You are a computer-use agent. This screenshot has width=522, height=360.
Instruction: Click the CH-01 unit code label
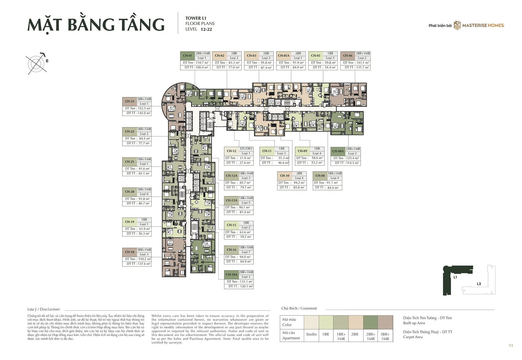coord(187,56)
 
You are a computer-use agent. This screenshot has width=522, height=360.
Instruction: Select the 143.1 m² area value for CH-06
coord(362,63)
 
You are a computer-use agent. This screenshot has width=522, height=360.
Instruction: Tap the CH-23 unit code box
coord(130,101)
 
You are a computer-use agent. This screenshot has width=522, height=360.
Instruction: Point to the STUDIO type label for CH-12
coord(246,149)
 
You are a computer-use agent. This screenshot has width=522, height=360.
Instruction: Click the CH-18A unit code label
coord(232,275)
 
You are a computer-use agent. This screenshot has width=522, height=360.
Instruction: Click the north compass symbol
coord(37,63)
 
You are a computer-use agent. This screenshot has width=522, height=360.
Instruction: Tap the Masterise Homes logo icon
coord(457,25)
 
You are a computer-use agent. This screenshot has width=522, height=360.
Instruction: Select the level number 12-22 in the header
coord(206,29)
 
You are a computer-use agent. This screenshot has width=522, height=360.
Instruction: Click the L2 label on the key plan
coord(479,284)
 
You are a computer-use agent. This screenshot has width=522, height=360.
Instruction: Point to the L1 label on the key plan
coord(455,277)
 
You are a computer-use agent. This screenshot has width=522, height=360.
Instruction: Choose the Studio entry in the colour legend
coord(311,334)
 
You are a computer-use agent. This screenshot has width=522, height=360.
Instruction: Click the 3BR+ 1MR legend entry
coord(385,337)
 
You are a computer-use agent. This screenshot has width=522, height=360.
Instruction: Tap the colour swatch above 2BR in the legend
coord(355,322)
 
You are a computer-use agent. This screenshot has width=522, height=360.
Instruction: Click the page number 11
coord(511,346)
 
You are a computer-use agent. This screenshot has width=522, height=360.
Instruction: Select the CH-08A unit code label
coord(338,151)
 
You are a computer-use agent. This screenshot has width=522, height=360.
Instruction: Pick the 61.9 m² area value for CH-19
coord(144,229)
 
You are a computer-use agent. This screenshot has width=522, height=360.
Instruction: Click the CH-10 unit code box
coord(285,176)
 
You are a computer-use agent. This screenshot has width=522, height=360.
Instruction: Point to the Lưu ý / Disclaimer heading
coord(44,309)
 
